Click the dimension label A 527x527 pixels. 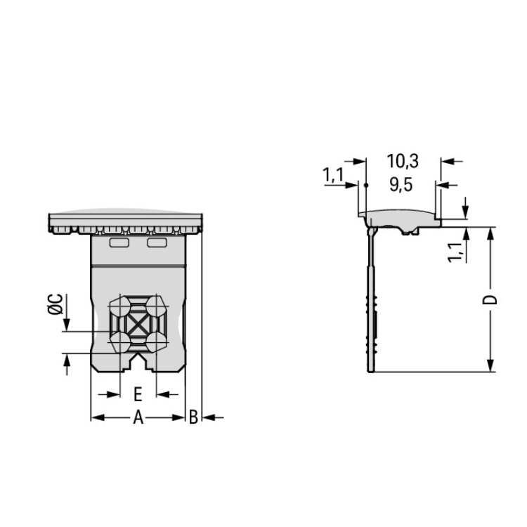click(x=138, y=417)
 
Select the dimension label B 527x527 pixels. click(x=193, y=417)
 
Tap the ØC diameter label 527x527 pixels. click(x=56, y=304)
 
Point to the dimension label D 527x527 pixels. click(x=490, y=300)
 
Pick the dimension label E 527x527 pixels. click(x=138, y=394)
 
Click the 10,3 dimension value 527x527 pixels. click(x=403, y=161)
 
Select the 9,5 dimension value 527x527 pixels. click(x=401, y=185)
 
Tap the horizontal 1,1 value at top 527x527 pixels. click(x=333, y=175)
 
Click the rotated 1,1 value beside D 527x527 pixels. click(x=455, y=252)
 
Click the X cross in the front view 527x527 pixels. click(x=138, y=325)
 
